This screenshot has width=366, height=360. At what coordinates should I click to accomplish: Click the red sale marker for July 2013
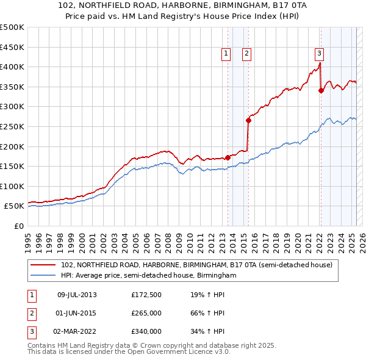pos(228,157)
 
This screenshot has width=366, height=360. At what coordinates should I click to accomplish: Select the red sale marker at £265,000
pos(248,120)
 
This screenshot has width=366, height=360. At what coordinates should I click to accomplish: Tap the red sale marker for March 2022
pos(321,90)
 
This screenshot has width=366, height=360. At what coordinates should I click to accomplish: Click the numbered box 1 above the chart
pos(226,54)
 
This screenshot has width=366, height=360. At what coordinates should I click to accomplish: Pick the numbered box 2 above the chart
pos(246,54)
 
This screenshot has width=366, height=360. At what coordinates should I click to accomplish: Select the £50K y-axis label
pos(15,206)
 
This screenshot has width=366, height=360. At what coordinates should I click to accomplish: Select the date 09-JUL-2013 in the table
pos(76,295)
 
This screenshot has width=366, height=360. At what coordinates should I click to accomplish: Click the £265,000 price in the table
pos(146,313)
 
